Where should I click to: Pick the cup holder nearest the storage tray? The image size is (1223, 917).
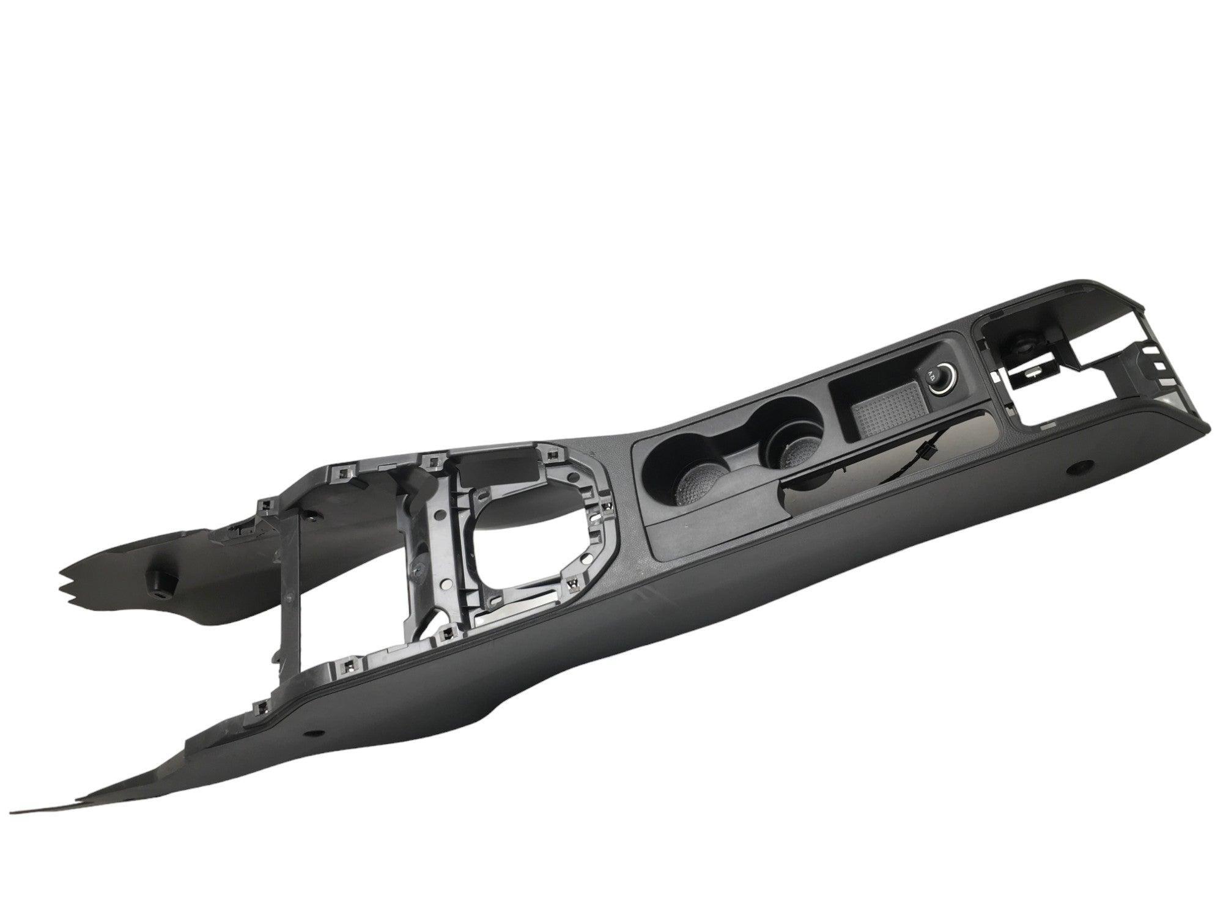[794, 449]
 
